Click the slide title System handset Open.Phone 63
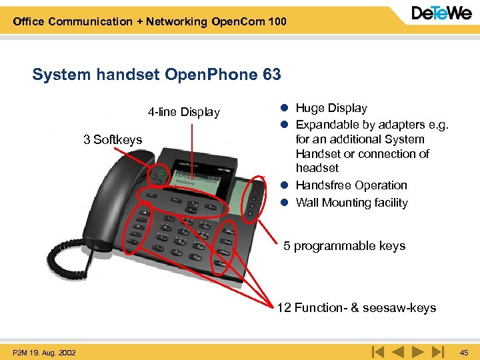point(157,74)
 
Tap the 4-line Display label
point(184,112)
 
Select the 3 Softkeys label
point(113,139)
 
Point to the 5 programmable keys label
point(344,246)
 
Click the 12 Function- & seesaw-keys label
point(357,307)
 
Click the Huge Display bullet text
point(331,108)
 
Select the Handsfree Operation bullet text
point(351,185)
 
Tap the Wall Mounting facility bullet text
point(351,203)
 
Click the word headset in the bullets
point(317,168)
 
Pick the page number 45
point(464,352)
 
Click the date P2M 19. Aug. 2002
point(44,352)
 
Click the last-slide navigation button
point(437,351)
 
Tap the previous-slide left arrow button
point(397,351)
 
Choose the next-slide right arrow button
point(418,351)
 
